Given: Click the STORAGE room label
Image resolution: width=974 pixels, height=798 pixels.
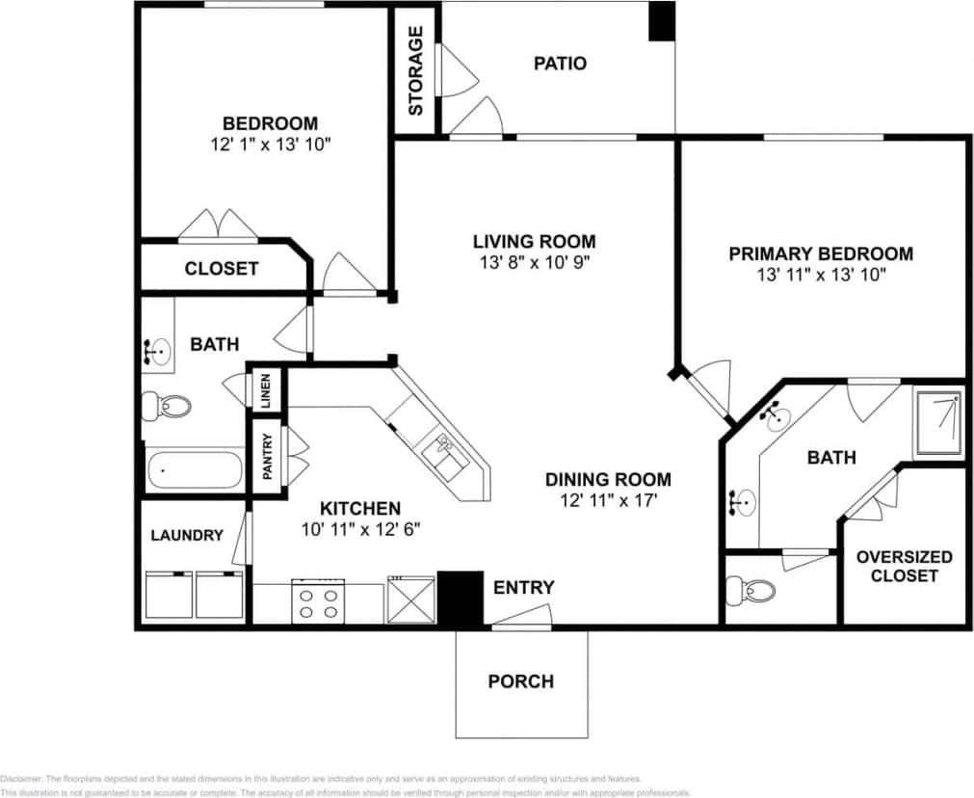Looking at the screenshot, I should click(x=416, y=70).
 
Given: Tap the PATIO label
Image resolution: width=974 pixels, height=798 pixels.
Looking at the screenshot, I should click(x=560, y=64).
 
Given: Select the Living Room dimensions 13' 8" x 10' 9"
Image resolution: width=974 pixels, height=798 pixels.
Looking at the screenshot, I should click(x=534, y=261).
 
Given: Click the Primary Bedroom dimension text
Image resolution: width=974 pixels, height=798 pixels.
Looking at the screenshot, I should click(x=821, y=274).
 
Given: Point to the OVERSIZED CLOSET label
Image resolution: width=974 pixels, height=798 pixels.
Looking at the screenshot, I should click(x=904, y=566).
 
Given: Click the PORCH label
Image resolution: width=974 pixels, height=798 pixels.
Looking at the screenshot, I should click(x=520, y=681).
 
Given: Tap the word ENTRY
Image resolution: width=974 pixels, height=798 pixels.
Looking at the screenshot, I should click(x=523, y=588).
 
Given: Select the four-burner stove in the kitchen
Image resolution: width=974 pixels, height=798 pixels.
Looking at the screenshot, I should click(x=318, y=602).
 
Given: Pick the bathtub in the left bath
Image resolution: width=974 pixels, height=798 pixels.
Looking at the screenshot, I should click(x=194, y=471).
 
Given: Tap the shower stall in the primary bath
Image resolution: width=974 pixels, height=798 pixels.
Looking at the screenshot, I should click(x=937, y=421).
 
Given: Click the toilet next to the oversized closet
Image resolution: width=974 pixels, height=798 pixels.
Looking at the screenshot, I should click(x=750, y=589).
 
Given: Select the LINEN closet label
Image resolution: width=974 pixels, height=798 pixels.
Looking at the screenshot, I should click(x=266, y=390).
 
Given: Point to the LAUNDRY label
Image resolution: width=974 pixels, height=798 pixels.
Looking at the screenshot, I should click(x=187, y=535).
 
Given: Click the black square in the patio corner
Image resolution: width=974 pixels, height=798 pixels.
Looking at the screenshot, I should click(x=661, y=21).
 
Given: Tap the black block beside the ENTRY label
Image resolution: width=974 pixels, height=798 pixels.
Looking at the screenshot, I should click(x=460, y=598).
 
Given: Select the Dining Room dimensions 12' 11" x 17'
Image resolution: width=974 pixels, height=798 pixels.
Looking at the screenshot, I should click(x=608, y=500).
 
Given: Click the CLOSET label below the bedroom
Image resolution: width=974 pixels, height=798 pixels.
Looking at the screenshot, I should click(x=221, y=269).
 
